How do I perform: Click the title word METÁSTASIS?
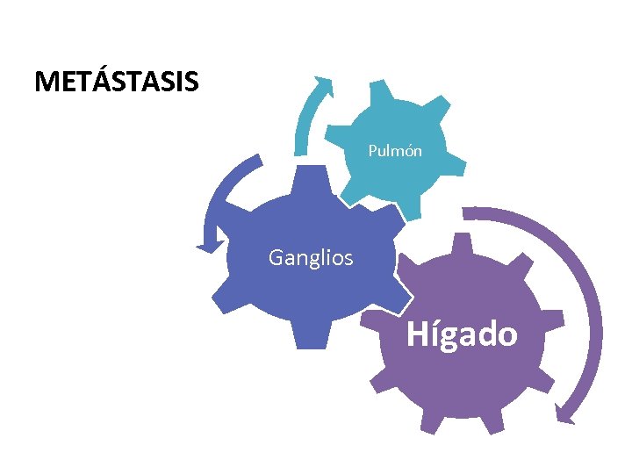[117, 82]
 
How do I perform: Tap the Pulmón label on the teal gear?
[395, 151]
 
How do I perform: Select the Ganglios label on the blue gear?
[311, 258]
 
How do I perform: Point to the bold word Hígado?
[462, 334]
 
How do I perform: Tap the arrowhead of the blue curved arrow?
[209, 246]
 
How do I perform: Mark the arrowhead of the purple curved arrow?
[567, 413]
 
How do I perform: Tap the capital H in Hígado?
[417, 334]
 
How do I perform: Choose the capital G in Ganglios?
[276, 258]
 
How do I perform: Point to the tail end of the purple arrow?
[467, 212]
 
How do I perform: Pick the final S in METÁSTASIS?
[190, 82]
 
